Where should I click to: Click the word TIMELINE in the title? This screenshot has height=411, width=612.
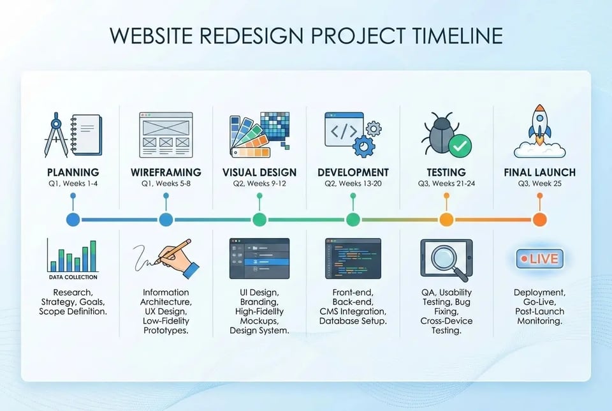[447, 36]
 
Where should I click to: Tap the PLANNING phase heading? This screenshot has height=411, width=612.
[73, 172]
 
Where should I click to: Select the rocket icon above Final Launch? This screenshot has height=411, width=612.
[539, 125]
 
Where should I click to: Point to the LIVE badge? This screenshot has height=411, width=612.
[539, 259]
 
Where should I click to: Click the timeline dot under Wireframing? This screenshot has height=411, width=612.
[166, 220]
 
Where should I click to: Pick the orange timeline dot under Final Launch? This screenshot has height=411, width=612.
[539, 220]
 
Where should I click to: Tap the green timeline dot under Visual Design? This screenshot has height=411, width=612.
[259, 220]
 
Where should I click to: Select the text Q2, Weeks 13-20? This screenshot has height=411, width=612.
[353, 184]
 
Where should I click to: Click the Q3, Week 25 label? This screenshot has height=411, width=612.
[539, 184]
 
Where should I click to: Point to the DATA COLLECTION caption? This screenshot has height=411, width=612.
[73, 277]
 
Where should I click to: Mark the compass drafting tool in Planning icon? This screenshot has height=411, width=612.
[56, 134]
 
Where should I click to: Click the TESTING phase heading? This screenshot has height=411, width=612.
[446, 172]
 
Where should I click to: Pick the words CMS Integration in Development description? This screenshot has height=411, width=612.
[353, 311]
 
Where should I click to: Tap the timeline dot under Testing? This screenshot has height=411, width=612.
[446, 220]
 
